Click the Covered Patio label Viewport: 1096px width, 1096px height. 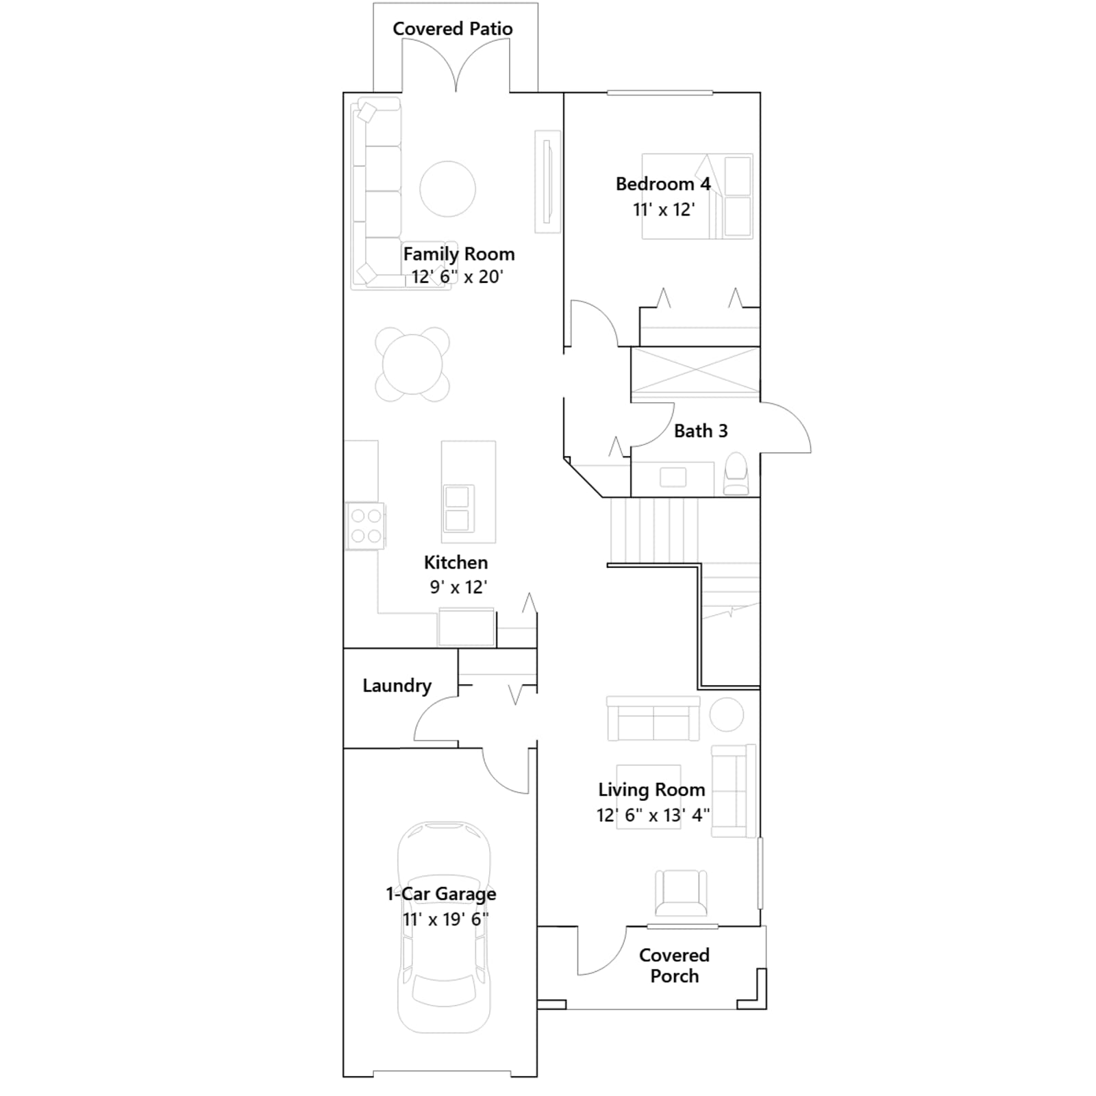pos(452,29)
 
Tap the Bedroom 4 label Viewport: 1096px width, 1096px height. pos(663,184)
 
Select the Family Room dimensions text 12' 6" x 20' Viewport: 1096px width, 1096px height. pos(457,277)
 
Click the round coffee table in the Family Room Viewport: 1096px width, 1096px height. pos(447,188)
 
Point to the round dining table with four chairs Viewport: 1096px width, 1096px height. pos(412,364)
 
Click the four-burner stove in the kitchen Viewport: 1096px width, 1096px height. pos(365,526)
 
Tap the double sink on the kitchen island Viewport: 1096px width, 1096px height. pos(458,509)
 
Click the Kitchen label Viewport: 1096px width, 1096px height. pos(456,562)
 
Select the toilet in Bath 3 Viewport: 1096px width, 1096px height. pos(736,473)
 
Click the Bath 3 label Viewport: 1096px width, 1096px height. pos(701,431)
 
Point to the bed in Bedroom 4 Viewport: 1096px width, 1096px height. pos(697,196)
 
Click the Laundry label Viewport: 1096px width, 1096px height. pos(397,686)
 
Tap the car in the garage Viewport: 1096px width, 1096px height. pos(444,927)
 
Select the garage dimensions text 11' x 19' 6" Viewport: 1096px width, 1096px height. pos(445,919)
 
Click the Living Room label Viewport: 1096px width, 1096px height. pos(651,790)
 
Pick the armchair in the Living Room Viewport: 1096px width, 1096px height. pos(681,893)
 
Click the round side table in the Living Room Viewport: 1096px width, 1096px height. pos(726,715)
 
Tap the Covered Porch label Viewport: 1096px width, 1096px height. pos(674,965)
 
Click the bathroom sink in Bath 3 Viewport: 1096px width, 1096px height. pos(673,477)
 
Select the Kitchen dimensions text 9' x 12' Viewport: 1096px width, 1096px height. pos(458,587)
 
